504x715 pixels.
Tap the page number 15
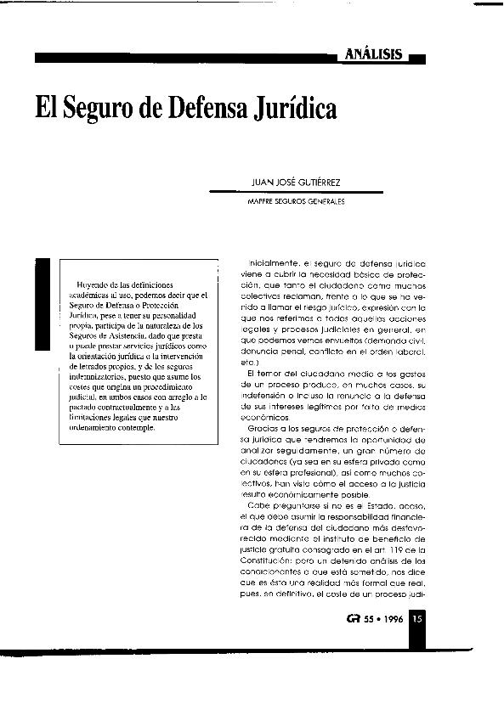click(417, 619)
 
